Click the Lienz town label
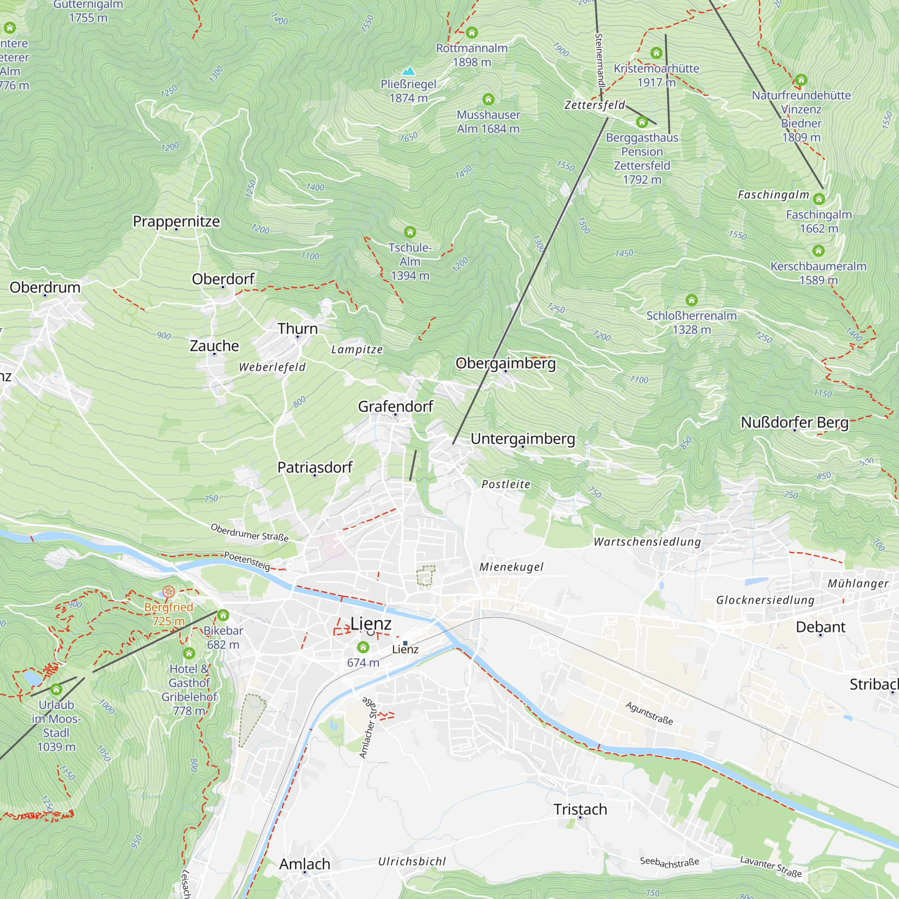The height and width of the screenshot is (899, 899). pyautogui.click(x=371, y=623)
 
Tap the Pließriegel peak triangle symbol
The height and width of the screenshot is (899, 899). pyautogui.click(x=409, y=71)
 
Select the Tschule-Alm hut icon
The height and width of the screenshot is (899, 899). pyautogui.click(x=410, y=232)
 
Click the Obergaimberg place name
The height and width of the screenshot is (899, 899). pyautogui.click(x=505, y=363)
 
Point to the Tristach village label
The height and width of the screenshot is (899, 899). pyautogui.click(x=580, y=809)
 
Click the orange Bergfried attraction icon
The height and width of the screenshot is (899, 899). pyautogui.click(x=169, y=592)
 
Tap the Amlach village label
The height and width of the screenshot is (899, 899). pyautogui.click(x=305, y=864)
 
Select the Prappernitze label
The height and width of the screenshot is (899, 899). pyautogui.click(x=176, y=221)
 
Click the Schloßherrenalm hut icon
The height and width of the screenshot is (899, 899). pyautogui.click(x=691, y=300)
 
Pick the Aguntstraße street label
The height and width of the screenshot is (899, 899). pyautogui.click(x=649, y=713)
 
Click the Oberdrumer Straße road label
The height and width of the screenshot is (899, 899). pyautogui.click(x=249, y=532)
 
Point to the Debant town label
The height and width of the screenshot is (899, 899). pyautogui.click(x=820, y=627)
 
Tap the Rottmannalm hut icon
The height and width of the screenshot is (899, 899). pyautogui.click(x=472, y=32)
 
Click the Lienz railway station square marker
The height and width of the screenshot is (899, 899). pyautogui.click(x=405, y=643)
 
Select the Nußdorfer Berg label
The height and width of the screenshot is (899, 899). pyautogui.click(x=795, y=422)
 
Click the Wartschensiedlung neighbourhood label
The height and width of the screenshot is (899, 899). pyautogui.click(x=647, y=542)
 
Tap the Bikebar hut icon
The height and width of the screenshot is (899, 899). pyautogui.click(x=223, y=615)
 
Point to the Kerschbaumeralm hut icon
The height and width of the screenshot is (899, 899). pyautogui.click(x=819, y=251)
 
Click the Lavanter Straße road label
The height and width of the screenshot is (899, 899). pyautogui.click(x=771, y=866)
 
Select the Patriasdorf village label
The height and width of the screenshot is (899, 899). pyautogui.click(x=315, y=467)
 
